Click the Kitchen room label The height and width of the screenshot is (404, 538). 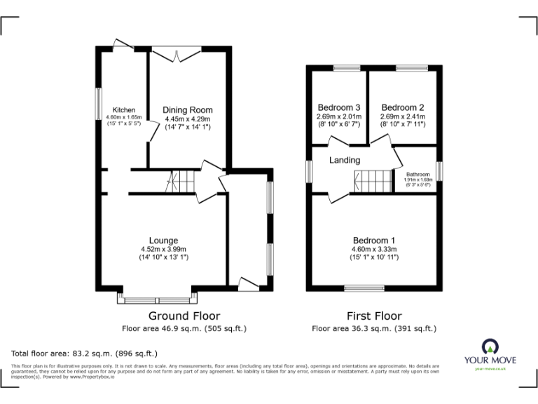tap(125, 110)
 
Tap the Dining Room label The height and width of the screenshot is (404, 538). tap(188, 110)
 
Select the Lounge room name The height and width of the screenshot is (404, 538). tap(163, 241)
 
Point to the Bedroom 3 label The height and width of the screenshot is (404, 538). tap(338, 107)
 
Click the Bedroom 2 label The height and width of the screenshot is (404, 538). tap(403, 107)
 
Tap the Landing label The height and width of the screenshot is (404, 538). tap(345, 161)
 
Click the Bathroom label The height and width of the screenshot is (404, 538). tap(418, 174)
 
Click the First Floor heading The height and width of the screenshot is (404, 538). tap(373, 316)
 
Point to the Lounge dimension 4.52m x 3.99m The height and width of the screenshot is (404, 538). tap(163, 249)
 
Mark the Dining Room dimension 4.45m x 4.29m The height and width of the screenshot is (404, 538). tap(188, 119)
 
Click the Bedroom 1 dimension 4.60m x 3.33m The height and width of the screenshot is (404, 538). tap(373, 249)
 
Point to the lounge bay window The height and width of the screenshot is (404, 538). tap(153, 299)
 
